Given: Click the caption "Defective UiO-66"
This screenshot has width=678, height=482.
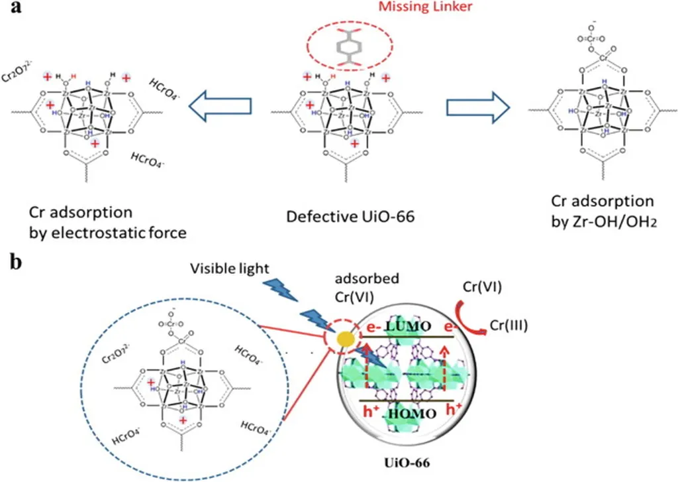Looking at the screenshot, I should [x=348, y=216].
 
